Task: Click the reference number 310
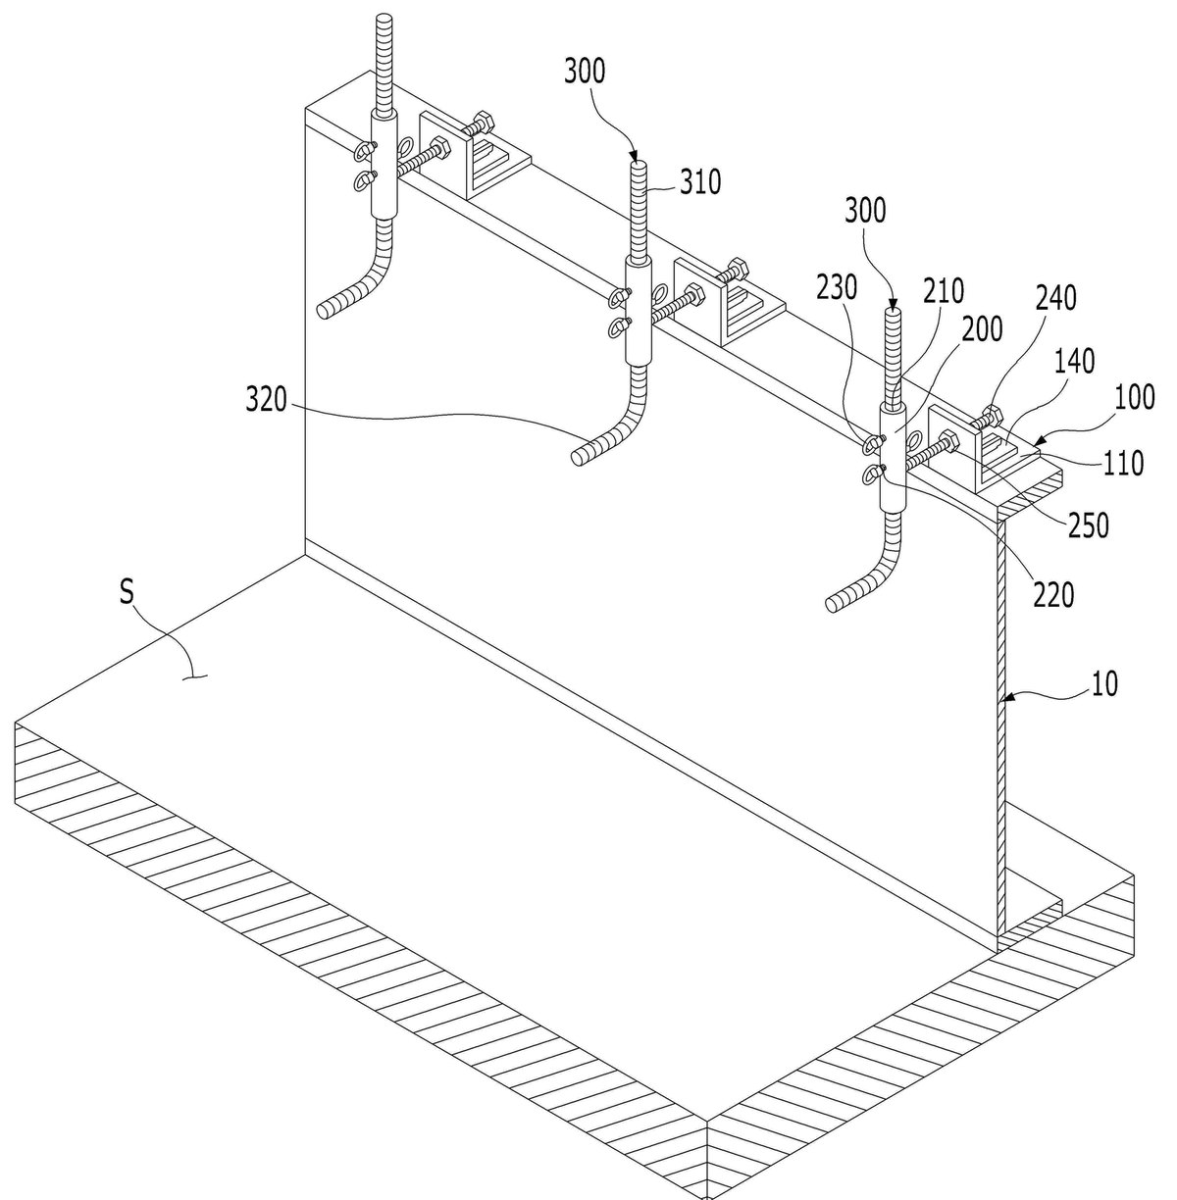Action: tap(699, 181)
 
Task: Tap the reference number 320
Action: tap(267, 399)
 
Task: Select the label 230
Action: tap(837, 287)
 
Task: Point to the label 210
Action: tap(944, 291)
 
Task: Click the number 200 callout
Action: tap(982, 328)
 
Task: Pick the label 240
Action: tap(1056, 298)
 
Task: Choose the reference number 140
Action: tap(1075, 361)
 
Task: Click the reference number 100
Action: tap(1134, 397)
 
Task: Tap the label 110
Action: tap(1123, 464)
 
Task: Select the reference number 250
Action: tap(1089, 525)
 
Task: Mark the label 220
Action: tap(1053, 594)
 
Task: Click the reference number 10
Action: tap(1104, 683)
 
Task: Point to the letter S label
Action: tap(128, 591)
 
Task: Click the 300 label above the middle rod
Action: tap(585, 71)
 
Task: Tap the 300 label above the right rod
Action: tap(865, 211)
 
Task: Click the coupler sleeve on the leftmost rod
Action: tap(384, 165)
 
